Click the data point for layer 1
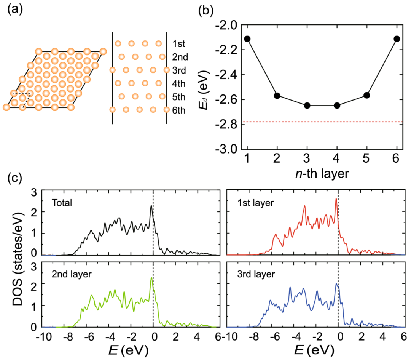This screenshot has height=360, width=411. (x=247, y=39)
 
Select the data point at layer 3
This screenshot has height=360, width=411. (x=307, y=106)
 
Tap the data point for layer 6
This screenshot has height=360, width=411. (x=397, y=39)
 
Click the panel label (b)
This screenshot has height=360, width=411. (x=207, y=10)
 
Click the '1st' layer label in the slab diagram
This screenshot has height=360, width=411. (x=178, y=44)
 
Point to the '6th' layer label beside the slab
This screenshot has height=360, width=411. (x=178, y=111)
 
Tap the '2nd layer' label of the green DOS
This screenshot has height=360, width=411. (x=72, y=274)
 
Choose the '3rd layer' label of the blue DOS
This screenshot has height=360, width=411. (x=253, y=274)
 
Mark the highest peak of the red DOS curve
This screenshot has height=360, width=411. (x=336, y=199)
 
